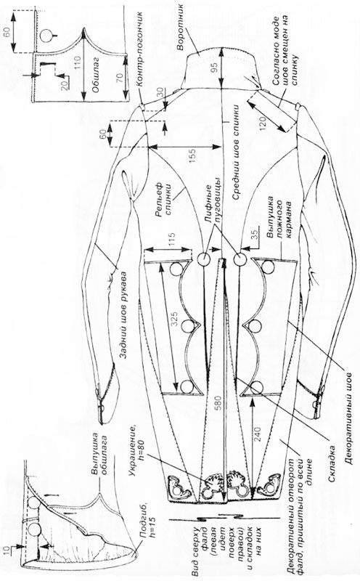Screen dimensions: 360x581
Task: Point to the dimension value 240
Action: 258,434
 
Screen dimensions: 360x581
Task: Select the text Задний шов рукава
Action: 124,316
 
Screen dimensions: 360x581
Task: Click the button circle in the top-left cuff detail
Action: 47,35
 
